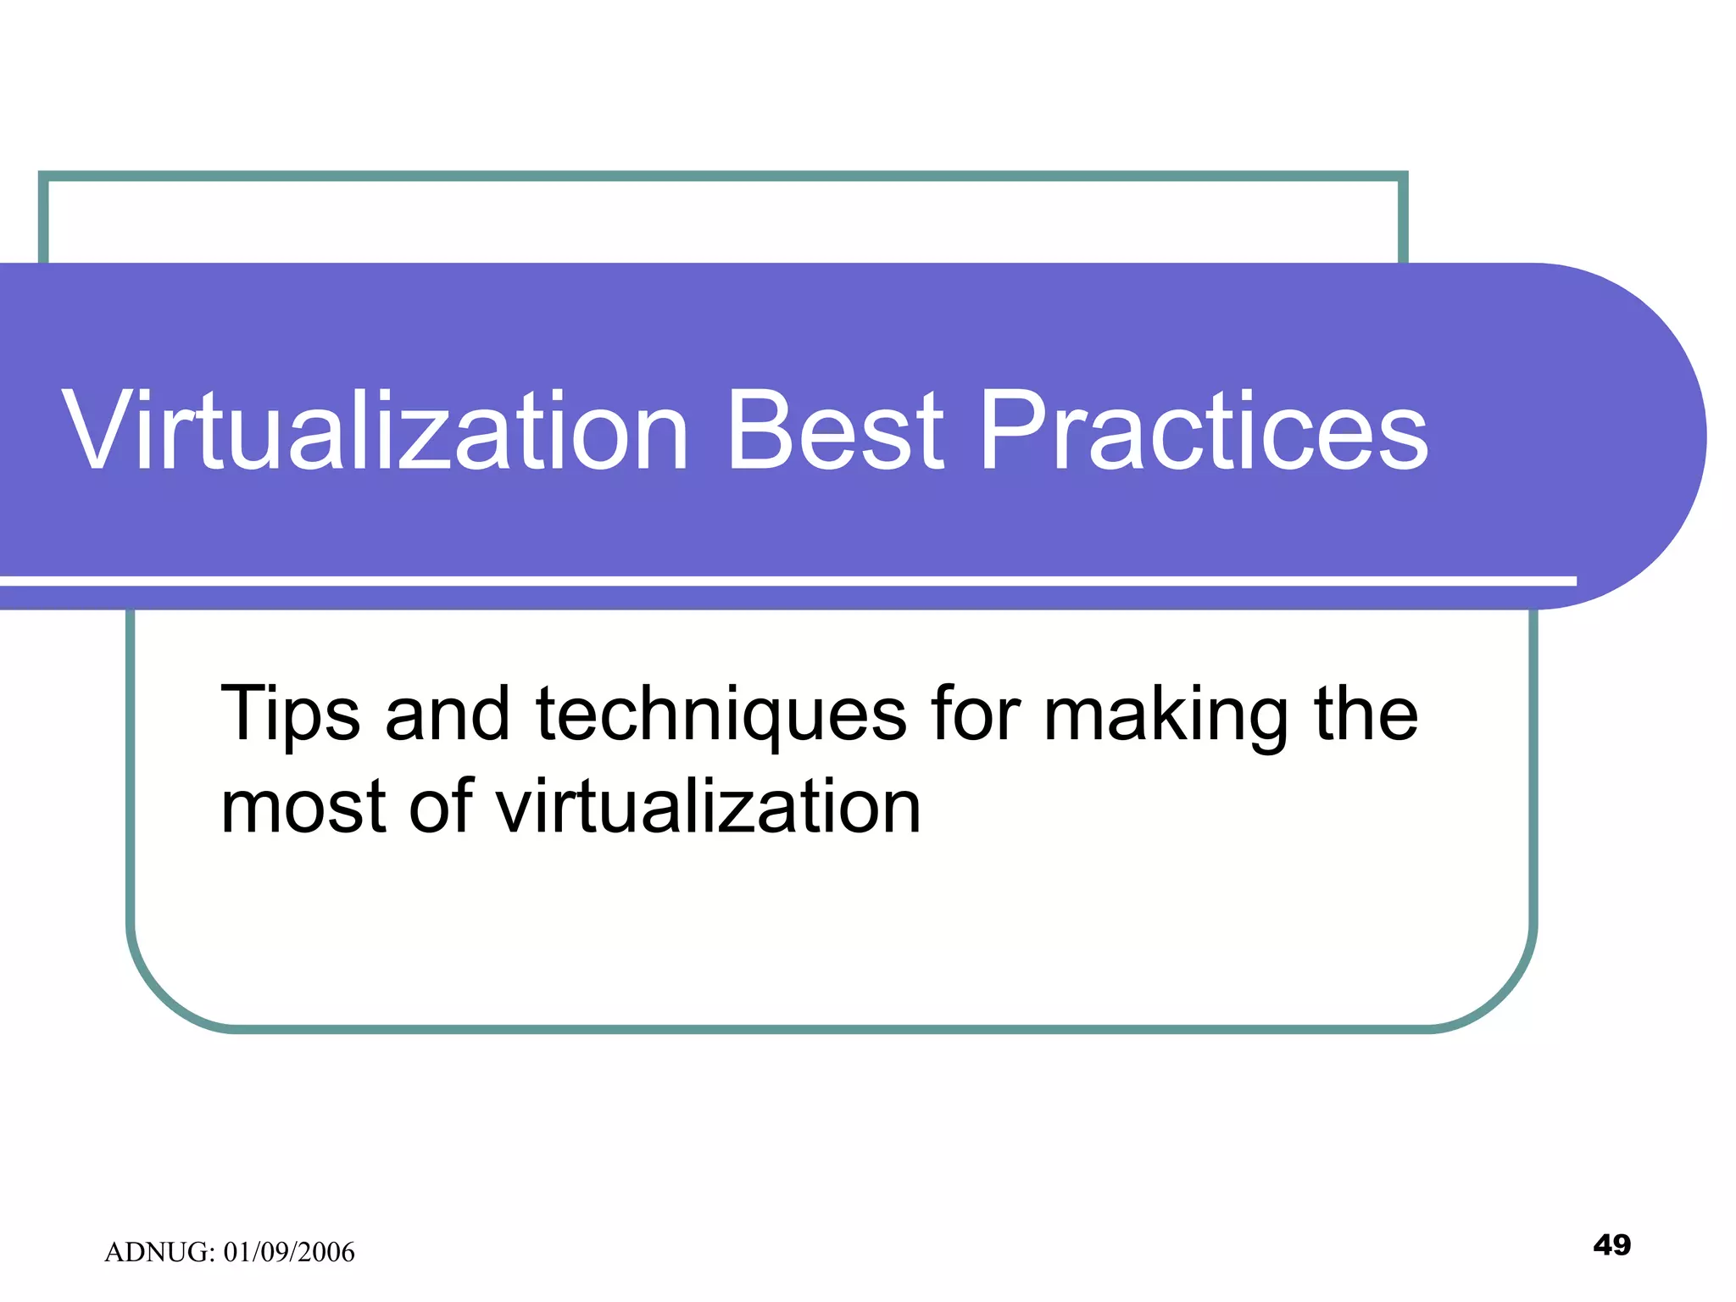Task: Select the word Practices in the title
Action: coord(1204,432)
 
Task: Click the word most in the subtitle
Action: coord(305,807)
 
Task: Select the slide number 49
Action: coord(1611,1244)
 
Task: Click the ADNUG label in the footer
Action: coord(159,1252)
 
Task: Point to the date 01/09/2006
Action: coord(289,1252)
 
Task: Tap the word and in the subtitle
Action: coord(448,714)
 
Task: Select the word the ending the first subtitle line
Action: coord(1366,714)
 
